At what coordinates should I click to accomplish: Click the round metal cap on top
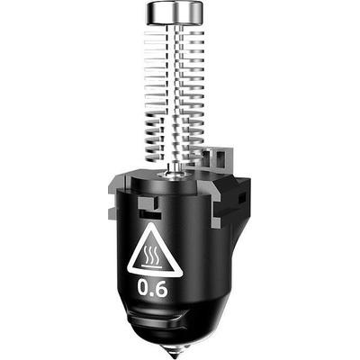tap(174, 13)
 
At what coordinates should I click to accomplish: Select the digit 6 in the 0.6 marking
tap(161, 288)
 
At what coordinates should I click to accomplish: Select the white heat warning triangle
tap(155, 250)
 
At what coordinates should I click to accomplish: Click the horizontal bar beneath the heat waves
tap(151, 265)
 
